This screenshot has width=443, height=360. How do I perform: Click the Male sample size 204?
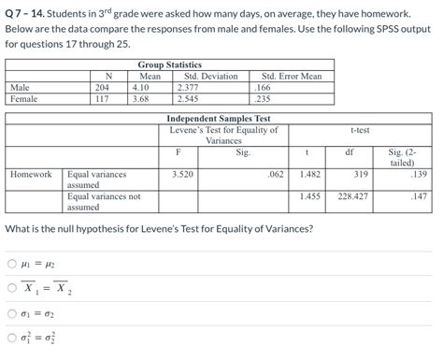[103, 87]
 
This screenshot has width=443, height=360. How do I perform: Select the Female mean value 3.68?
[141, 97]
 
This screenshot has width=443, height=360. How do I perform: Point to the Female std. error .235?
[263, 97]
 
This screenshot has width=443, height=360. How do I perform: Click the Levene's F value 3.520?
[183, 174]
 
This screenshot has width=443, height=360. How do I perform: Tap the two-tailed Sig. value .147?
[417, 196]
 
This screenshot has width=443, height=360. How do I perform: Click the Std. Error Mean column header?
[291, 76]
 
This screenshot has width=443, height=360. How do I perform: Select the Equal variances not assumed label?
[103, 202]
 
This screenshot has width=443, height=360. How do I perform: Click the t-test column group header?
[359, 130]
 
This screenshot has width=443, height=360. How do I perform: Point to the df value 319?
[361, 174]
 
